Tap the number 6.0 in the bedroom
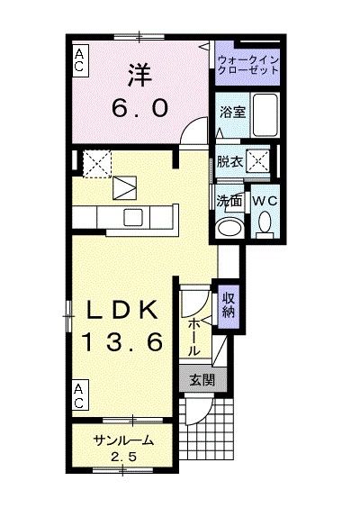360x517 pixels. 140,109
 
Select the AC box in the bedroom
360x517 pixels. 79,59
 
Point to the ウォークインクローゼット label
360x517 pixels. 249,66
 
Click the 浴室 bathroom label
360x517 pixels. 233,113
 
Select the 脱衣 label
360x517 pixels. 229,162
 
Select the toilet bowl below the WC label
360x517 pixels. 265,222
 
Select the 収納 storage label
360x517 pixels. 228,305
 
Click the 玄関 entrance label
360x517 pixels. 202,379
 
